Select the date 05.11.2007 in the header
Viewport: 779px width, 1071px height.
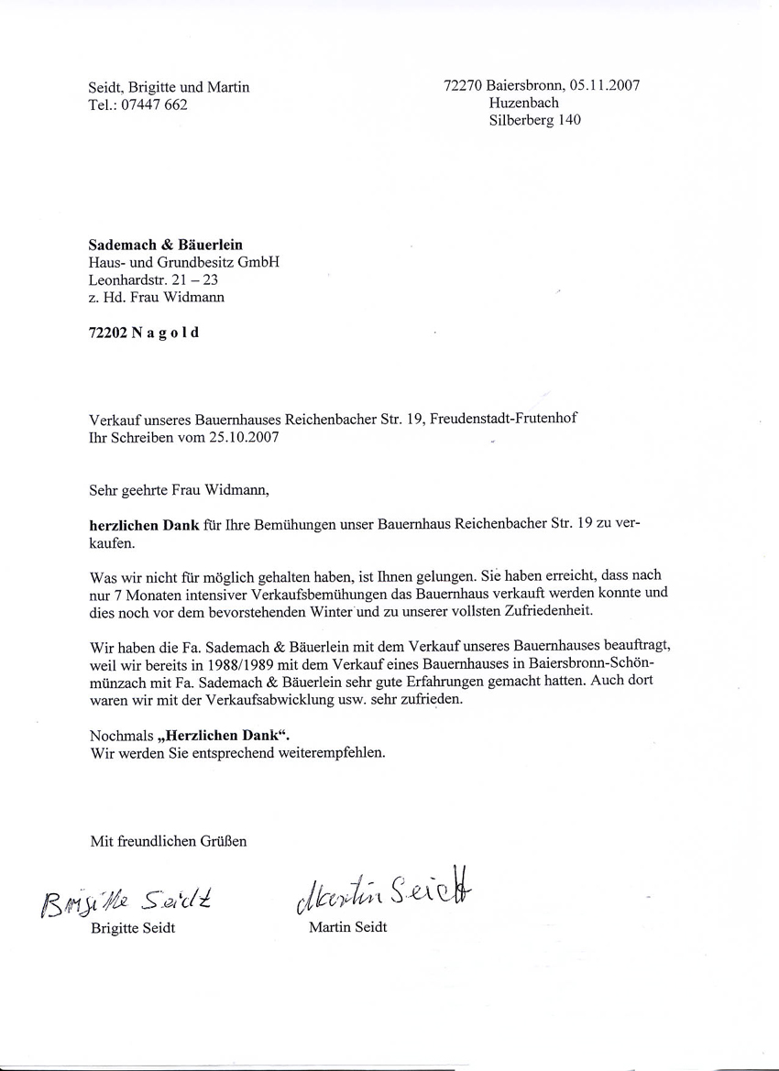[x=604, y=85]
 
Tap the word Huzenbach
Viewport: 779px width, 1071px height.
[x=523, y=103]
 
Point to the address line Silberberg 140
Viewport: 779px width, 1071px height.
[x=534, y=120]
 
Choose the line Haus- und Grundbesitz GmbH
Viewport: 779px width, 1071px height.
[x=184, y=262]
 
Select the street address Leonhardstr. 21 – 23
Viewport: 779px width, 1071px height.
[x=153, y=279]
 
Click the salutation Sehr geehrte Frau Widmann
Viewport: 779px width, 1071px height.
[x=180, y=489]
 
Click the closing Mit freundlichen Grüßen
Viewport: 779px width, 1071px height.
[x=168, y=840]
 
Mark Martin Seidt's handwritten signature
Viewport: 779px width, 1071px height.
[x=385, y=887]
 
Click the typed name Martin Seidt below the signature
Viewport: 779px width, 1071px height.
[x=347, y=927]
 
